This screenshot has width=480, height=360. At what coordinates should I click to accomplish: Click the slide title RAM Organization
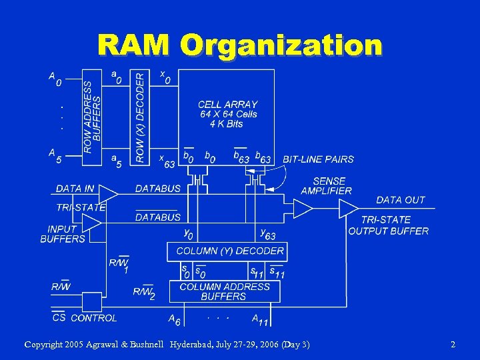[x=240, y=45]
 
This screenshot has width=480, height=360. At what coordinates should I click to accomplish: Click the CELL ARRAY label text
[x=227, y=105]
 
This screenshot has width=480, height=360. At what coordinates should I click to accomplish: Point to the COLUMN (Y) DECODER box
[x=230, y=251]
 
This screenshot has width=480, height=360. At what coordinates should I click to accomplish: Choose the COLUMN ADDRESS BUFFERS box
[x=225, y=291]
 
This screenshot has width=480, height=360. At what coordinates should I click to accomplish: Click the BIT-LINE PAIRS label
[x=318, y=159]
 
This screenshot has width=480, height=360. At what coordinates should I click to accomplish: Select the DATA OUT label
[x=400, y=200]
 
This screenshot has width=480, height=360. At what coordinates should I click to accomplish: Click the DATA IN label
[x=75, y=189]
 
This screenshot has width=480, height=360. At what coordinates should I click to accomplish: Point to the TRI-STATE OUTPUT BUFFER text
[x=388, y=225]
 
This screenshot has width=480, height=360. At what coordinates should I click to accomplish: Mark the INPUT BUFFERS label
[x=63, y=233]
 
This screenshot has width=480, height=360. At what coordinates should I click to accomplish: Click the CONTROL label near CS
[x=93, y=318]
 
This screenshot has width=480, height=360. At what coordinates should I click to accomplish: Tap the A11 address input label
[x=260, y=320]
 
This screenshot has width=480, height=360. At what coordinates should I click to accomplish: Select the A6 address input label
[x=174, y=320]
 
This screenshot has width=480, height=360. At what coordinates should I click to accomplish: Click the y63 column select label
[x=267, y=233]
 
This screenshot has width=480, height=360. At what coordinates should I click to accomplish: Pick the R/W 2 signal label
[x=144, y=293]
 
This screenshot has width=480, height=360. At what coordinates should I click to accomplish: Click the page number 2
[x=453, y=345]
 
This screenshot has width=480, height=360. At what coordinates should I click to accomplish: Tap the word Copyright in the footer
[x=43, y=345]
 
